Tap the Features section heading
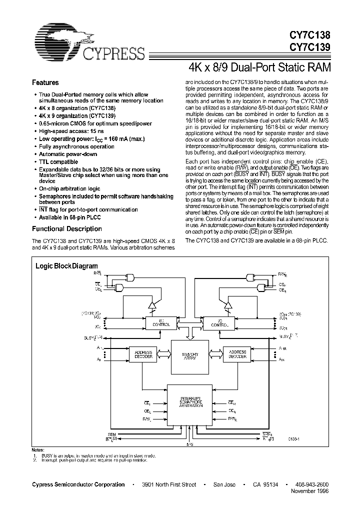point(45,82)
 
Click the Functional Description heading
point(67,229)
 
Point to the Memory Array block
point(189,356)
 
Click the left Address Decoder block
point(143,354)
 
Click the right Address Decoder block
point(237,354)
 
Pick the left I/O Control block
point(157,323)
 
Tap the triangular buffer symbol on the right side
point(228,303)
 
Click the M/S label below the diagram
point(189,444)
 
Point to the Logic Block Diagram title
point(66,266)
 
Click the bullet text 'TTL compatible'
point(58,161)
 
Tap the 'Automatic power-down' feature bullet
point(68,154)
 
